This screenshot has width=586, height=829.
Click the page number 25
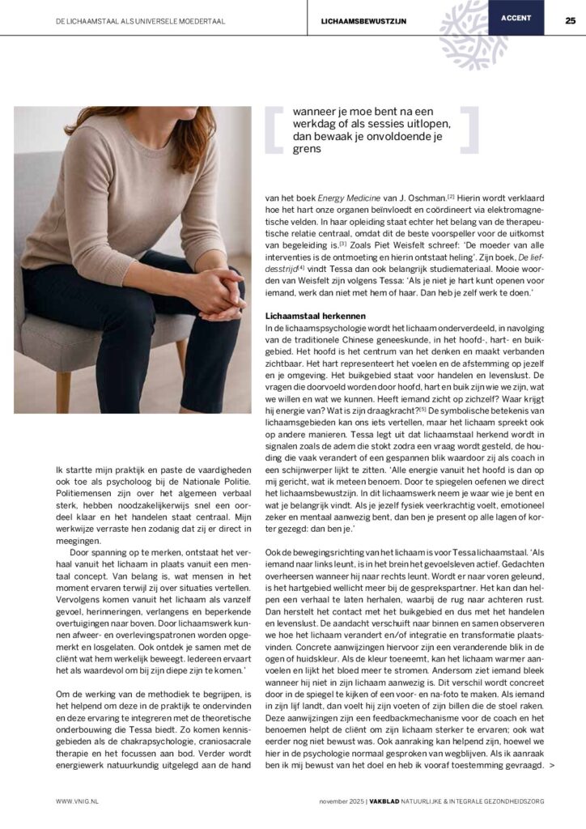pyautogui.click(x=570, y=20)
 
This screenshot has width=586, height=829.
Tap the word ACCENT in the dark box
pyautogui.click(x=516, y=17)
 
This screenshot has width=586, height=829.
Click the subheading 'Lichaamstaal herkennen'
pyautogui.click(x=314, y=315)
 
